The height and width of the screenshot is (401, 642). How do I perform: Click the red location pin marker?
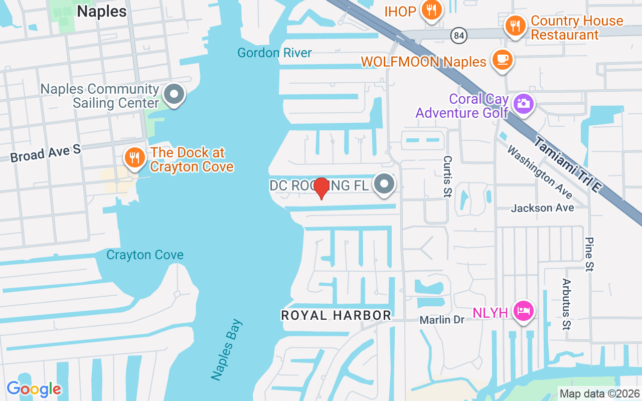pos(321,188)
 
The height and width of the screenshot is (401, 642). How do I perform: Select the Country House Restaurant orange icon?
pos(515,26)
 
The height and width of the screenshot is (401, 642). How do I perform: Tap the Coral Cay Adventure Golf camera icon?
pos(523,104)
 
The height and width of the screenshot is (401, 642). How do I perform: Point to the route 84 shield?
pos(458,35)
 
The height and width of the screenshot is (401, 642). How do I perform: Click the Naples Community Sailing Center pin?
pos(175,94)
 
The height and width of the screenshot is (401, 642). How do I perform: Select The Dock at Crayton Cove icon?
pos(134,158)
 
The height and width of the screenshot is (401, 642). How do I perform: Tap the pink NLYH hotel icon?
pos(524,311)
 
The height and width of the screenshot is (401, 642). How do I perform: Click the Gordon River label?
pos(274,53)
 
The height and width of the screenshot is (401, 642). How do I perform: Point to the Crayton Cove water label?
pos(145,255)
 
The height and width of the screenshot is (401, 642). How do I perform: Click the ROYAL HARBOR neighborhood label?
pos(336,315)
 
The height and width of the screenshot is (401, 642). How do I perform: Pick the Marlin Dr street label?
pos(442,319)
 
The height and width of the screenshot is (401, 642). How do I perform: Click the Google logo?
pos(34,389)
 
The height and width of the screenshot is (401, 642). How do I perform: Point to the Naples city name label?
pos(101,11)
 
